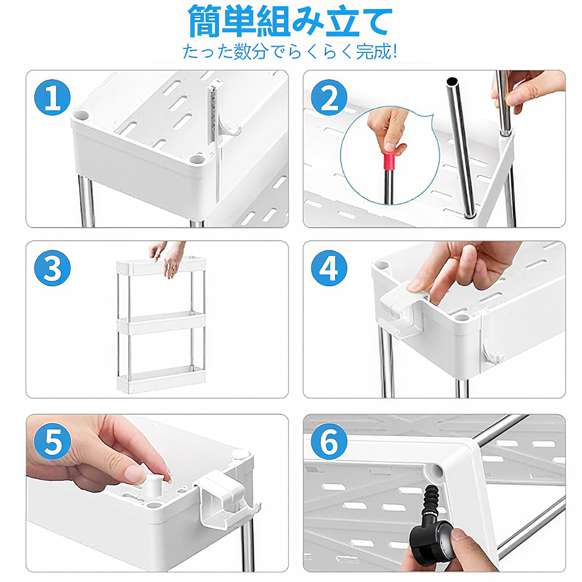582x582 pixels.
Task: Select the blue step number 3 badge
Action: [x=52, y=268]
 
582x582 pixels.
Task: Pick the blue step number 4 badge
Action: [x=329, y=268]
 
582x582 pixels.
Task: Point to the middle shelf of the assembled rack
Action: [x=160, y=324]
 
